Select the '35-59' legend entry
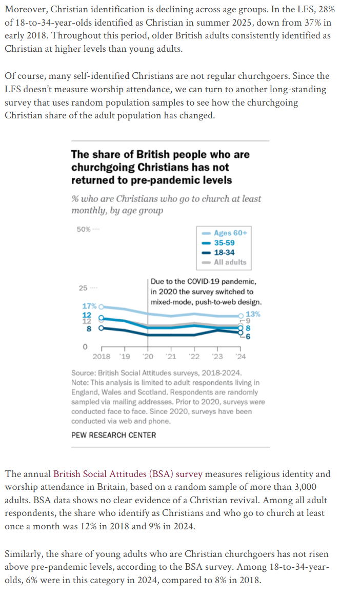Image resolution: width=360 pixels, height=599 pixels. [x=224, y=243]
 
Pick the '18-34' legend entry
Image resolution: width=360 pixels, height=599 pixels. [x=224, y=253]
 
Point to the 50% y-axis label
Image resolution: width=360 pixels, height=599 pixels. [x=84, y=229]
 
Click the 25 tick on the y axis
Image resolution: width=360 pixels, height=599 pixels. [x=83, y=288]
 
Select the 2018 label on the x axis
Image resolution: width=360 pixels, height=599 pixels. [x=101, y=356]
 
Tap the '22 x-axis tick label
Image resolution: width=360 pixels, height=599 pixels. [x=194, y=356]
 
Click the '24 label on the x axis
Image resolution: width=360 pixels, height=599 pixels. [x=240, y=356]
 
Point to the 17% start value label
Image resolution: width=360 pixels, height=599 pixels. [x=89, y=306]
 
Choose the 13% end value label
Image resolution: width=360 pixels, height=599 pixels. [x=253, y=314]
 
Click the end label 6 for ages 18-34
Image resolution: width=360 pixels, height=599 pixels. [x=248, y=336]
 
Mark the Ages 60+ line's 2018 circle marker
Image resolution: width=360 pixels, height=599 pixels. [x=101, y=306]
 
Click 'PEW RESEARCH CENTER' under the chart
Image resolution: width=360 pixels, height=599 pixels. [x=113, y=435]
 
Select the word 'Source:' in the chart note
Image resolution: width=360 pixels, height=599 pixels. [x=84, y=373]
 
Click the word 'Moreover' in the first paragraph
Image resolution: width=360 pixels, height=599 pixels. [x=25, y=10]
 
